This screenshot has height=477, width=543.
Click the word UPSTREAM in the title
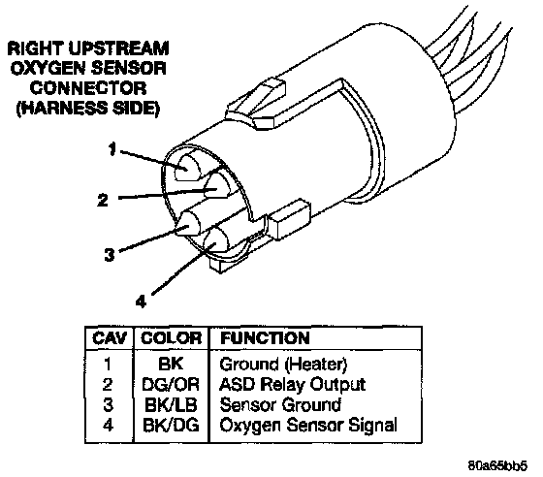[118, 48]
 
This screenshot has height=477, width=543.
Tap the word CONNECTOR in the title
[87, 88]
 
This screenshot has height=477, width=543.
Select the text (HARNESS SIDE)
[88, 109]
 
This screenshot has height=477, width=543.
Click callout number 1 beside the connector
[112, 149]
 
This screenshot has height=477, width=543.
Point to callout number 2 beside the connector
[103, 200]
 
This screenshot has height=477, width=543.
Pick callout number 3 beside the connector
[109, 255]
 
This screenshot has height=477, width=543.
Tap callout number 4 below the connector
[141, 302]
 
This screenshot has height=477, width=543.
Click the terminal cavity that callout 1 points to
[187, 168]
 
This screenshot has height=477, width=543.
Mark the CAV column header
[110, 338]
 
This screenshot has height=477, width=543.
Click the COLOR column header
[171, 338]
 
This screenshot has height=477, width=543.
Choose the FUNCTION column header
[265, 338]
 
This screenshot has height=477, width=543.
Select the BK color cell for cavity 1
[171, 365]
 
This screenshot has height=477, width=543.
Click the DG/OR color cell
[171, 384]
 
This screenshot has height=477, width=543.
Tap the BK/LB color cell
[171, 404]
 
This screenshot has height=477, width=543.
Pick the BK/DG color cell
[171, 425]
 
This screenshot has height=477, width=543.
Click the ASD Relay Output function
[292, 385]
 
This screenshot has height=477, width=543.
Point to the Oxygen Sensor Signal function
[308, 426]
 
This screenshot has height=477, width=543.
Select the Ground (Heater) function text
[283, 365]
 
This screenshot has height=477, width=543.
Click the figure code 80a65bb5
[497, 465]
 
